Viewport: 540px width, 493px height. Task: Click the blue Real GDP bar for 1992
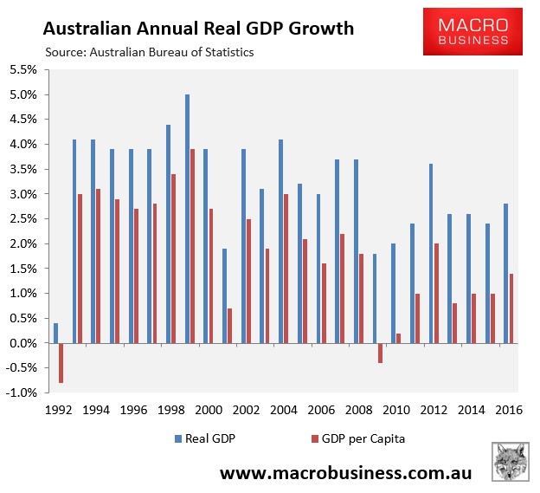tap(56, 334)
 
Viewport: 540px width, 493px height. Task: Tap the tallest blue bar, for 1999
tap(187, 219)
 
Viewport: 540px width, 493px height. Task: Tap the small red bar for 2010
tap(399, 339)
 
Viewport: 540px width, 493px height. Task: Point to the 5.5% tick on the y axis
tap(24, 69)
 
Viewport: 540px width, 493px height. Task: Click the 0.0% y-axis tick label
tap(24, 344)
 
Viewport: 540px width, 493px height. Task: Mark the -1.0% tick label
tap(22, 393)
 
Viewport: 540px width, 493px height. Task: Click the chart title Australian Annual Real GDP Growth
tap(198, 28)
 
